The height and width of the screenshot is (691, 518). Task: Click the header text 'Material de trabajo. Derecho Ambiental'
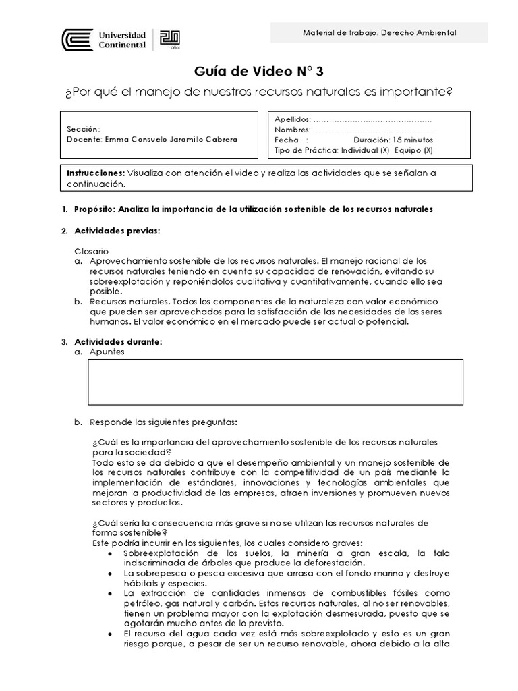coord(378,32)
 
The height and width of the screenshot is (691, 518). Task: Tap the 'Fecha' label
coord(286,140)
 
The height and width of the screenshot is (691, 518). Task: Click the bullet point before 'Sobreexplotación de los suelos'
coord(111,554)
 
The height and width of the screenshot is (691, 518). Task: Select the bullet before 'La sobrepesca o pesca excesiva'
coord(111,573)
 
